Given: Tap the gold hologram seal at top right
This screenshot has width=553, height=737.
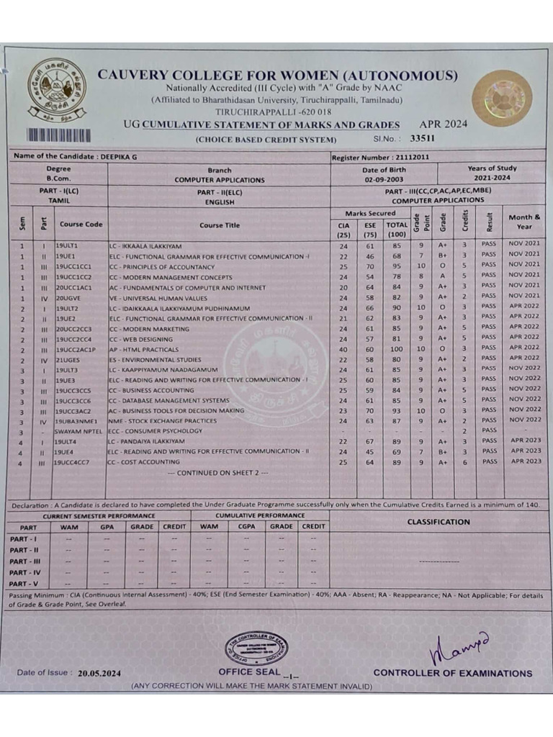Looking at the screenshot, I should [x=502, y=98].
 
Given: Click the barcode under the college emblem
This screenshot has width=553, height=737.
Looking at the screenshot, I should [x=59, y=135].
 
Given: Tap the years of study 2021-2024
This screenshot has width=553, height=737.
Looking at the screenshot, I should [x=492, y=177].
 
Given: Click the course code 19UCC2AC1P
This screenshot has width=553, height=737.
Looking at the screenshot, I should [x=76, y=347].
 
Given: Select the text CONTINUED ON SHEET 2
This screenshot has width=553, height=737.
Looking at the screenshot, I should [x=217, y=473].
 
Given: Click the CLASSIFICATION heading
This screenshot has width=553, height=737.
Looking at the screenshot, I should [x=438, y=522].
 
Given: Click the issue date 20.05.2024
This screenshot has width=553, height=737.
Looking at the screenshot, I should [x=99, y=673].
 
